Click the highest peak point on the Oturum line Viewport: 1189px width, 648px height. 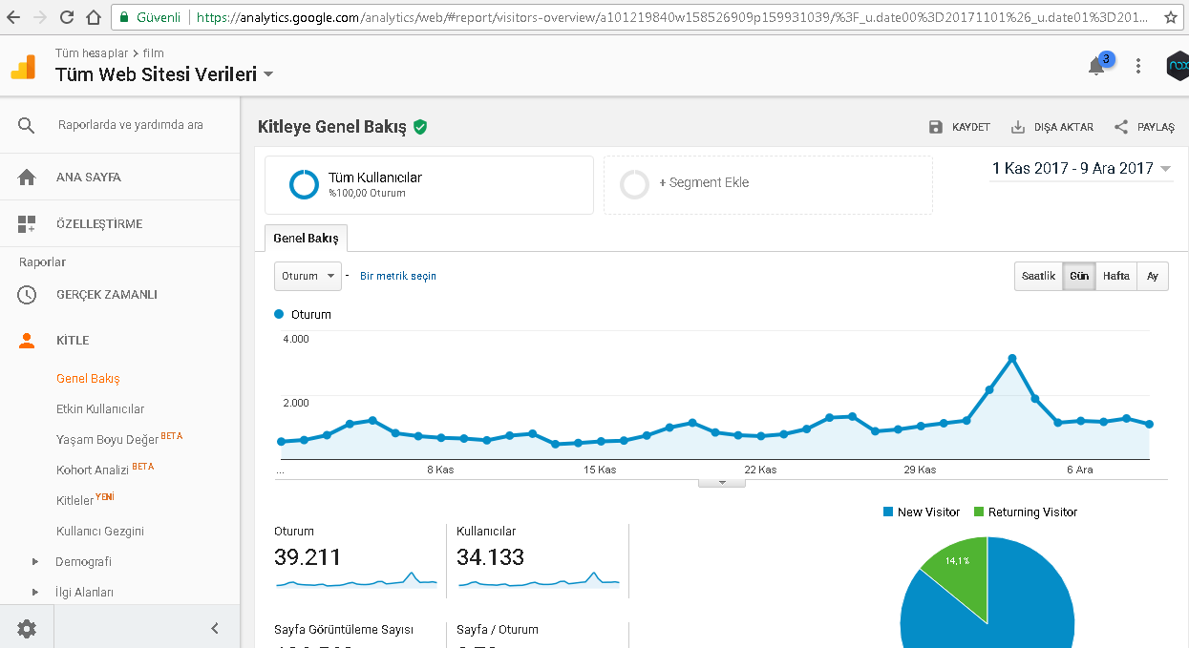click(x=1012, y=359)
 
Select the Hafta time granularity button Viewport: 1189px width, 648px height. click(x=1115, y=276)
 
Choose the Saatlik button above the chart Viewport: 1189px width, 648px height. click(x=1038, y=276)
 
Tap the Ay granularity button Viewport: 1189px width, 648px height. click(x=1153, y=276)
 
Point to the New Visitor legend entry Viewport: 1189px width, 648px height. click(x=922, y=512)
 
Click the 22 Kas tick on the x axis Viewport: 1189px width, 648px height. click(x=760, y=470)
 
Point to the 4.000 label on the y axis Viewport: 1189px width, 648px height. click(x=296, y=339)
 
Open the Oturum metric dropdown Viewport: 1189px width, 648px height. click(x=308, y=276)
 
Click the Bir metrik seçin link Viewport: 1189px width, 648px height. click(x=398, y=276)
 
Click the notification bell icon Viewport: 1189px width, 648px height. click(x=1096, y=67)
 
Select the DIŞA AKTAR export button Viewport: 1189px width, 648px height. click(x=1052, y=127)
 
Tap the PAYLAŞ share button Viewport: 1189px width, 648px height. click(x=1144, y=127)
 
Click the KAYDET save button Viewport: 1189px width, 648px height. click(x=960, y=127)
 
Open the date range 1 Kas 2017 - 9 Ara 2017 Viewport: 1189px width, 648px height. click(x=1081, y=169)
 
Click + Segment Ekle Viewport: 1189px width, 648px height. click(x=704, y=182)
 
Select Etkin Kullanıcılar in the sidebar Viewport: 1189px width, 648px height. click(x=100, y=408)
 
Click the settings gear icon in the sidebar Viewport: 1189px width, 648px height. click(x=27, y=629)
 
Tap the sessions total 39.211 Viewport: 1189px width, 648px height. click(x=308, y=556)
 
